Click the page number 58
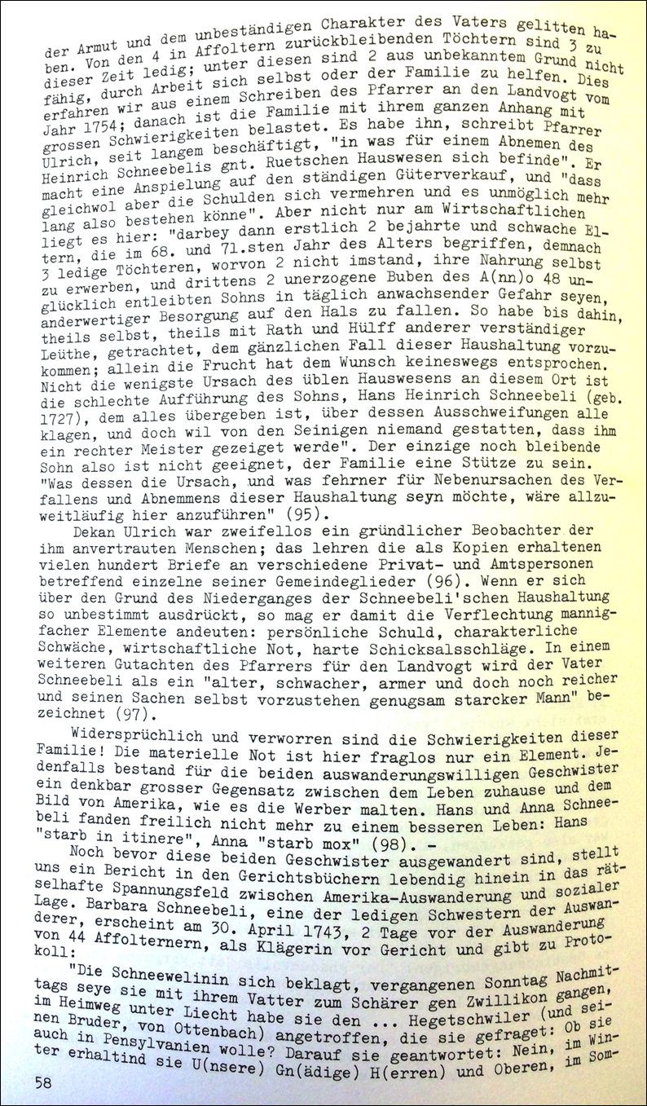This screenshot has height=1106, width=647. (x=46, y=1081)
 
